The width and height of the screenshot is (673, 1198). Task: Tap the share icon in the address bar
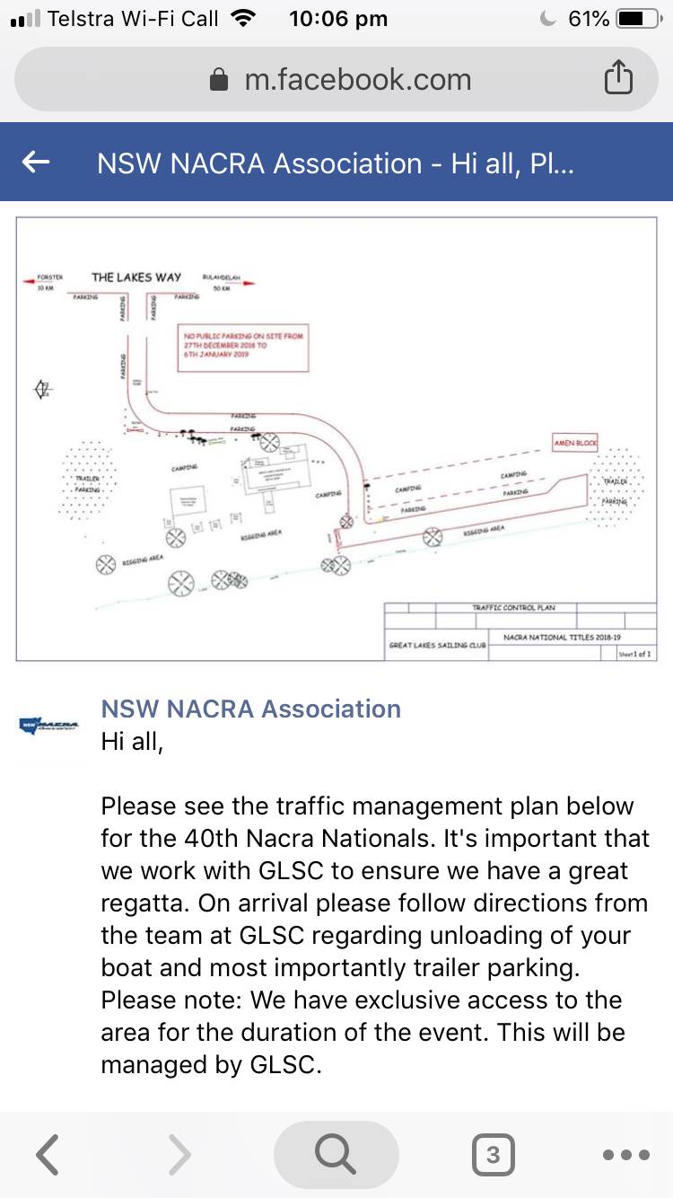[x=618, y=79]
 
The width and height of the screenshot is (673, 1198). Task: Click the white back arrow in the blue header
[x=36, y=162]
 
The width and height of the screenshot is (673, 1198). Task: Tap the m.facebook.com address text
[x=357, y=79]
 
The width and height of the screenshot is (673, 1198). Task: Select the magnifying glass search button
[x=336, y=1155]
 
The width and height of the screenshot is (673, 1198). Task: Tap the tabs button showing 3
[x=493, y=1155]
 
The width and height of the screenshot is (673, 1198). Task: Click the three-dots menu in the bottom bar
[x=625, y=1155]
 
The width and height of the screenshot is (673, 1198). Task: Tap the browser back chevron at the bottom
[x=48, y=1155]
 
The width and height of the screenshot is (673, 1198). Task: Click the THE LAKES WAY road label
[x=136, y=277]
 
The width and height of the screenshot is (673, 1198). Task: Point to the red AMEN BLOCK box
[x=574, y=444]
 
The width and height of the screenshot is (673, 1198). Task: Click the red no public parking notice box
[x=244, y=348]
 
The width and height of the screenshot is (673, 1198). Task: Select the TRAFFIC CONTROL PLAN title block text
[x=514, y=608]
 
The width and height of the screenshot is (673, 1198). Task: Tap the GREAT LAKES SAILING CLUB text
[x=437, y=645]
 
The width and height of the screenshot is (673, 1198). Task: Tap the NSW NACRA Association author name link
[x=250, y=709]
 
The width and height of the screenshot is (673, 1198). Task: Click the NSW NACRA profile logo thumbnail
[x=49, y=724]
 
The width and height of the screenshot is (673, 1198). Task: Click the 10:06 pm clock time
[x=338, y=19]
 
